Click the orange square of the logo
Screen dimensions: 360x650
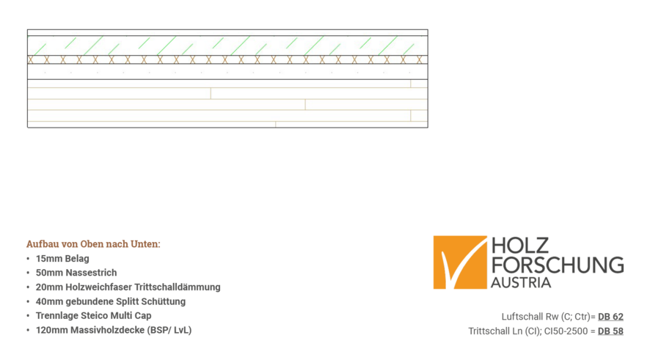459,262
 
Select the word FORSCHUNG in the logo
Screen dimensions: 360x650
557,265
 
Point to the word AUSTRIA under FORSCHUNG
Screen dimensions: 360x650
520,283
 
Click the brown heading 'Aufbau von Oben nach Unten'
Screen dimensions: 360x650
92,243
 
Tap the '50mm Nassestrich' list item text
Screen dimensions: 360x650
76,272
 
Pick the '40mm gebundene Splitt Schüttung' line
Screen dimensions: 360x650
110,301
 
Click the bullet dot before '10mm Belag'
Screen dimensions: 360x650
28,258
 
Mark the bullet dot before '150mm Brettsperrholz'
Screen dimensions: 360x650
28,330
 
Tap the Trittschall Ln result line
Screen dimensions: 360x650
546,331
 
